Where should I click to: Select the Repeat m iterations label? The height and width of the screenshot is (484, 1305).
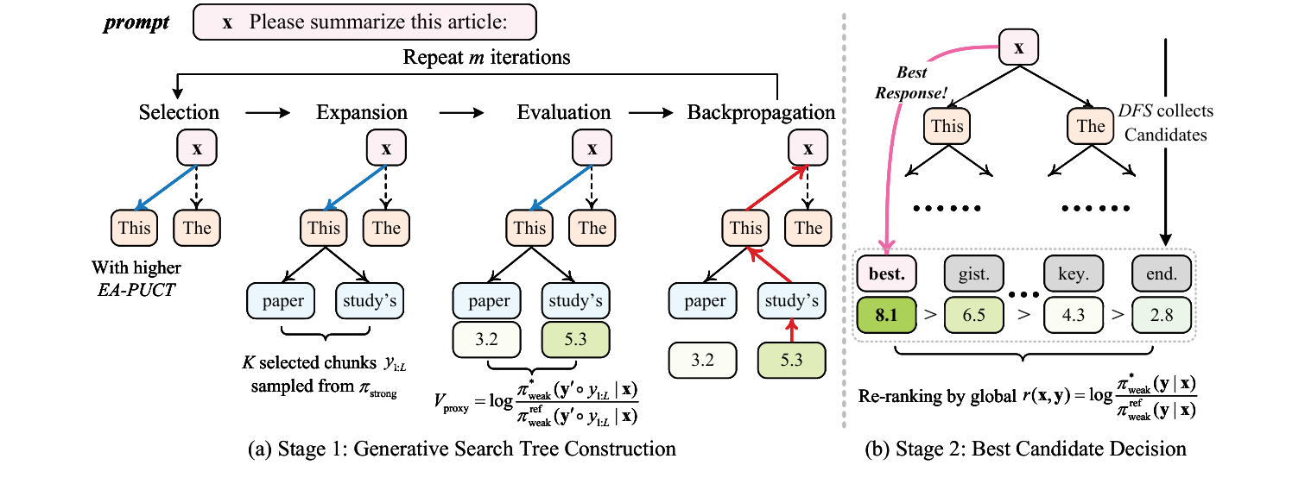click(486, 59)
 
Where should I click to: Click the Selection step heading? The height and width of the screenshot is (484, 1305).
click(179, 112)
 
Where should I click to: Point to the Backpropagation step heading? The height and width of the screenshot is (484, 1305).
click(761, 112)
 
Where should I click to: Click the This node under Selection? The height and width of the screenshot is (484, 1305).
click(135, 228)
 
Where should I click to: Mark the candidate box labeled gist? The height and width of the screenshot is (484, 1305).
click(974, 273)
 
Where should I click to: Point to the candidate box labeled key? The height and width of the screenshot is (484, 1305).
click(1073, 273)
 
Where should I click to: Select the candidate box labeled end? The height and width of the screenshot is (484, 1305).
click(1162, 273)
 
